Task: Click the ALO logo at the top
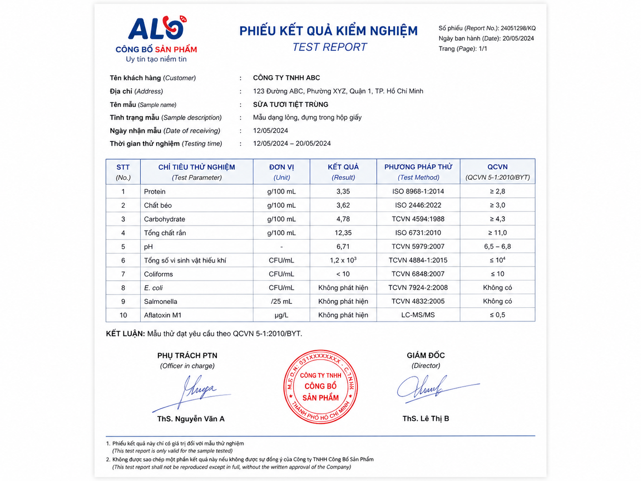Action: [156, 29]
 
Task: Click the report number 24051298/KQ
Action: [518, 28]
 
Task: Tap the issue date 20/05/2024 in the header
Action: [518, 39]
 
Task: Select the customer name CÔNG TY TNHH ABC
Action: [286, 78]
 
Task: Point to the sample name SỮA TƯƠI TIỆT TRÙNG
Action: [290, 105]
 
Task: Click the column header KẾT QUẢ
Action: [343, 167]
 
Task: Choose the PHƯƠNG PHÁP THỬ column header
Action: [418, 167]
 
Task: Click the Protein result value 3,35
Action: [343, 191]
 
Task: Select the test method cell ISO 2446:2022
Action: [418, 205]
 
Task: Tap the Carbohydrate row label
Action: [165, 219]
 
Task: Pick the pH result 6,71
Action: [343, 247]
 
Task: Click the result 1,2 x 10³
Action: [343, 260]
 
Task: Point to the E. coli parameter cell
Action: [154, 288]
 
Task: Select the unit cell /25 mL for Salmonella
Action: [282, 302]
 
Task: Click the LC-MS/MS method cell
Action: [418, 315]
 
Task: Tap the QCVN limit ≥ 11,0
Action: [497, 233]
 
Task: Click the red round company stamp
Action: [320, 387]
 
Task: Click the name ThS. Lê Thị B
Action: [425, 419]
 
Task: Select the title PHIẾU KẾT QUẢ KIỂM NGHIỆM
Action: [328, 31]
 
